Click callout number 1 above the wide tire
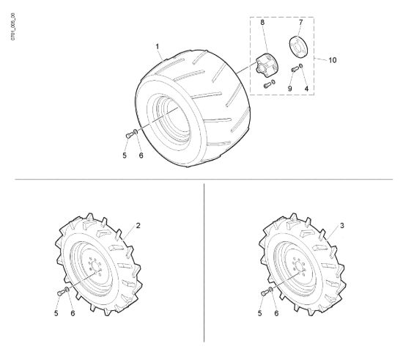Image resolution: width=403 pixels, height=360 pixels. (x=158, y=47)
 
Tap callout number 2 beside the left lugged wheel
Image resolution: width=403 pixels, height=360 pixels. (x=138, y=226)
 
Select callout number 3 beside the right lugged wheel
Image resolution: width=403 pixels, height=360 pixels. (x=342, y=226)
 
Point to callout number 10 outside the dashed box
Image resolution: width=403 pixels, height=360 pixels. (x=333, y=60)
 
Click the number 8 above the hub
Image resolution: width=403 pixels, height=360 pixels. (x=262, y=23)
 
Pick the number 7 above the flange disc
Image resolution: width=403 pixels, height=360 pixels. (x=300, y=23)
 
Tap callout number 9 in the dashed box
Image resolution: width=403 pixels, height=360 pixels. (x=290, y=89)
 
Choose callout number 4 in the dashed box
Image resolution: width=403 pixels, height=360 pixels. (x=306, y=89)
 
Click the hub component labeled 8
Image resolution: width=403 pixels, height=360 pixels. (x=267, y=65)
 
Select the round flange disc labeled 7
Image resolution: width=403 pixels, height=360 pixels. (x=298, y=46)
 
